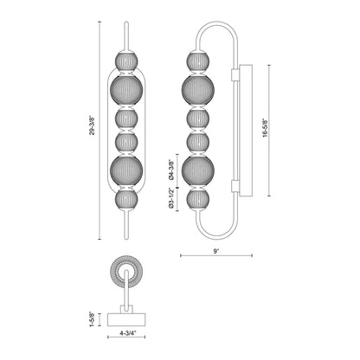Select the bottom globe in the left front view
[x=128, y=199]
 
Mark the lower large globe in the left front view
[x=128, y=170]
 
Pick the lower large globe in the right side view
[x=196, y=170]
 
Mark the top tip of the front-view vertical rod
[x=128, y=24]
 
